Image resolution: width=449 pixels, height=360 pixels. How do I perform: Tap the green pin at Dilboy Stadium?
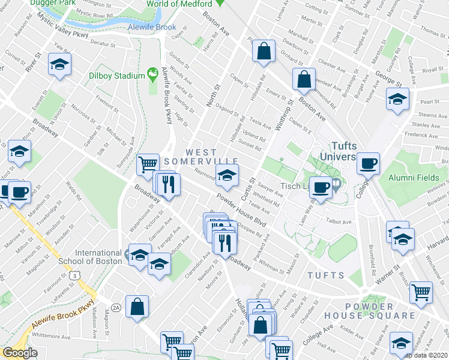coord(154,75)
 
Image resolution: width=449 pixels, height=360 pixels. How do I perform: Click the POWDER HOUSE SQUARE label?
coord(370,310)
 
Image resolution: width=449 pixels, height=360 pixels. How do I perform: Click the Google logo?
coord(20,353)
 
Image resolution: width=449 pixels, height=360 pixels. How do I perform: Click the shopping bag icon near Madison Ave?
coord(137,307)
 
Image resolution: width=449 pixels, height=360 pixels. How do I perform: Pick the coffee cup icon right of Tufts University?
coord(368,163)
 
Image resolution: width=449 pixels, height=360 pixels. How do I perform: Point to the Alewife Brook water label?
coord(152,27)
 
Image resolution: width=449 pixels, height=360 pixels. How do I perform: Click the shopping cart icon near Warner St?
coord(421,292)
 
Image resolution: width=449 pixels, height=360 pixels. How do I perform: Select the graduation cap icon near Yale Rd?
coord(59,65)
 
